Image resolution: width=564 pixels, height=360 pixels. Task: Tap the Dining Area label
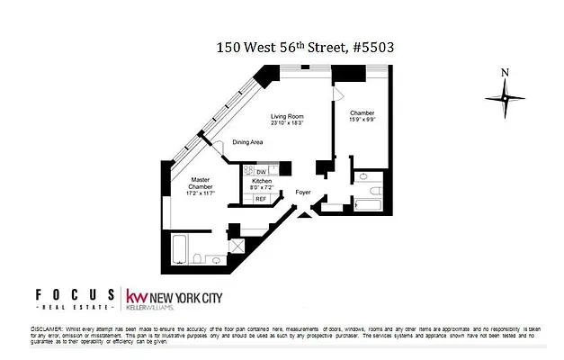click(247, 142)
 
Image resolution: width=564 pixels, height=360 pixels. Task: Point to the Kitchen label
click(262, 182)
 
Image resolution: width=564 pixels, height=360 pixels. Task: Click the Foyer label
click(304, 193)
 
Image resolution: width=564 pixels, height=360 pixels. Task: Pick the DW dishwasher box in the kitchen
click(261, 171)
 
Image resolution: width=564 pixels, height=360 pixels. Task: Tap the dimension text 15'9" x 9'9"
click(363, 120)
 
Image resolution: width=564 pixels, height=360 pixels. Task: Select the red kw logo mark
click(137, 297)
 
